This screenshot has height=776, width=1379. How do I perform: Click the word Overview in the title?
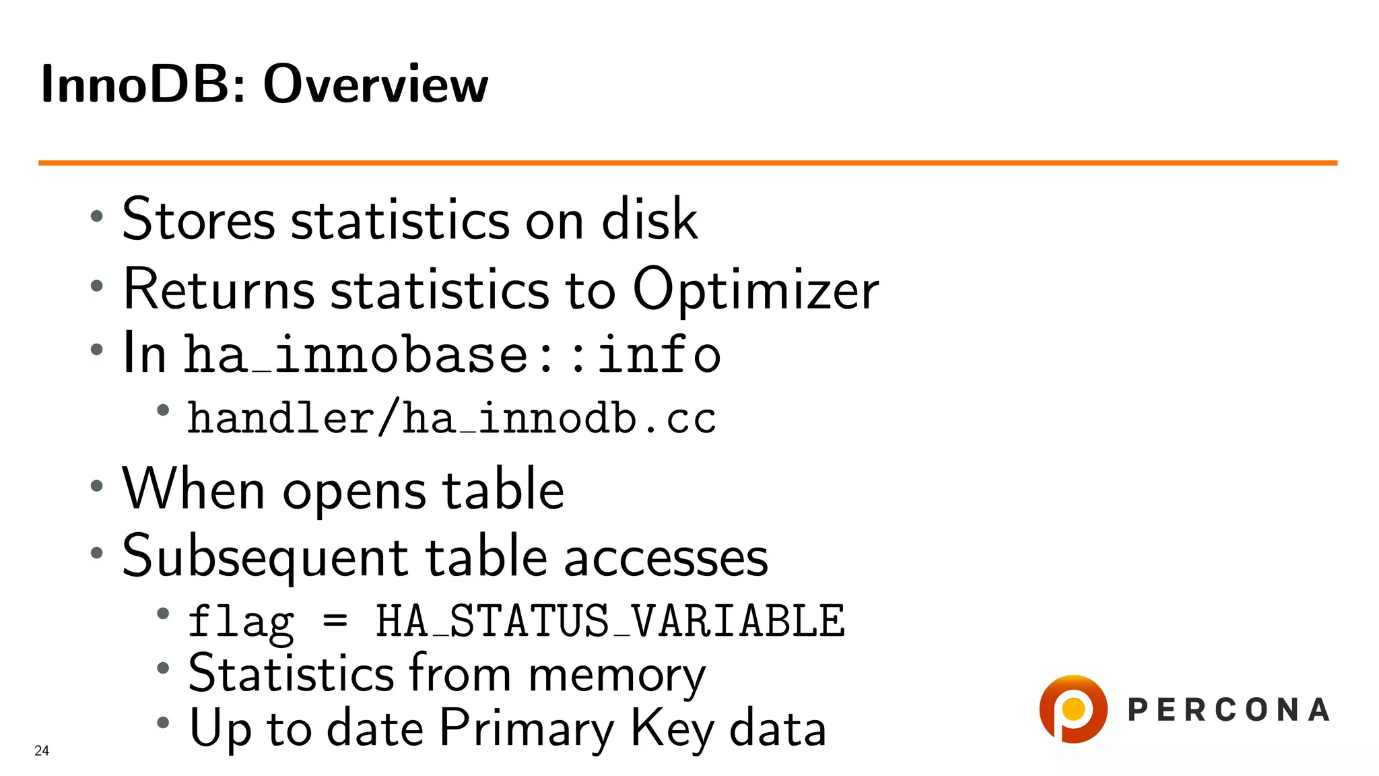point(375,84)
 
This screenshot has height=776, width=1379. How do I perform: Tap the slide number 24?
point(42,750)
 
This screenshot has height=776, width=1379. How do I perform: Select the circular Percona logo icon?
point(1073,709)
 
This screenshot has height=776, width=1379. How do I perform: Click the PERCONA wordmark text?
point(1228,710)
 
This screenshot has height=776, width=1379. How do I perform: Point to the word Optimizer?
point(755,289)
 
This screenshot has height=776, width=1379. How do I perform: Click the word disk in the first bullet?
point(649,220)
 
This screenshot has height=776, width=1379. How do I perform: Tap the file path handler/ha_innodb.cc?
point(451,418)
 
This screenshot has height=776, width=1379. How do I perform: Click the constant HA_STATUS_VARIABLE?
point(609,620)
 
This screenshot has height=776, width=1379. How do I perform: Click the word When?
point(194,489)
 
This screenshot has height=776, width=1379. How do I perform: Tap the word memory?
point(616,674)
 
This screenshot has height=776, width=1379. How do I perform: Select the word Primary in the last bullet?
point(527,729)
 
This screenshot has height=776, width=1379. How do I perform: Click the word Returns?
point(220,289)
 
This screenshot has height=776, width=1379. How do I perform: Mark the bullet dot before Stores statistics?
point(97,216)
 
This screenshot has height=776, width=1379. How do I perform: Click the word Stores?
point(199,220)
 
